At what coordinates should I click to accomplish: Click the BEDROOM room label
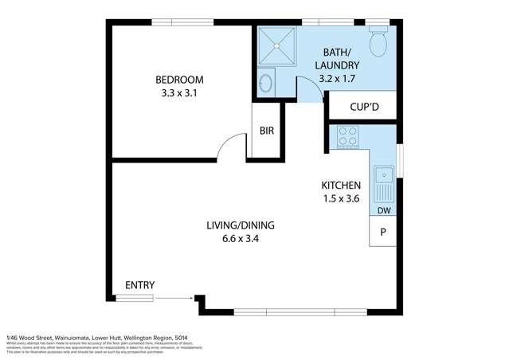(179, 80)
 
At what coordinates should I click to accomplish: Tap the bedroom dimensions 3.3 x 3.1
(179, 94)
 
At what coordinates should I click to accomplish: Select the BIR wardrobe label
(265, 131)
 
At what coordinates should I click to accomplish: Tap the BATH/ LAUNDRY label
(338, 57)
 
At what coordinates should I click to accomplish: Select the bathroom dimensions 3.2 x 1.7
(338, 80)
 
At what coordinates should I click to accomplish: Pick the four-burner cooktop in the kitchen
(348, 137)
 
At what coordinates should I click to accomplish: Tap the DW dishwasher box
(384, 211)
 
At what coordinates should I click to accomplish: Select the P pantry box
(383, 233)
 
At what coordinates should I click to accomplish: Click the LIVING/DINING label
(241, 224)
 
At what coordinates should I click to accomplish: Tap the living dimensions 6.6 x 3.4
(241, 238)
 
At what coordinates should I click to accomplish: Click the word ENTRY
(139, 285)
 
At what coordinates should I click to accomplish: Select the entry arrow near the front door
(174, 298)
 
